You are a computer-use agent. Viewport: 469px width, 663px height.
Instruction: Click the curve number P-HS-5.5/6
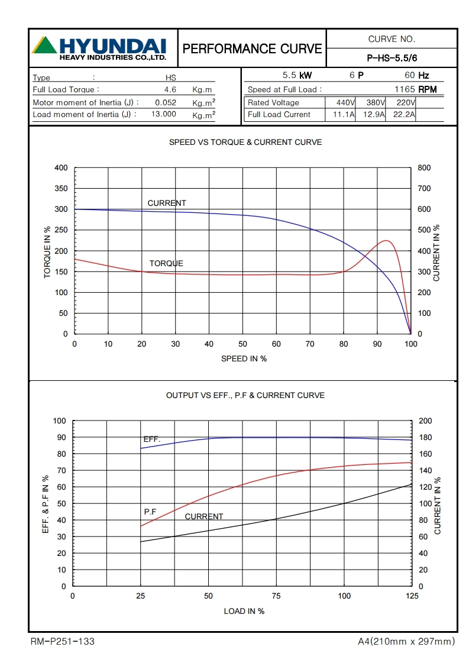click(x=392, y=58)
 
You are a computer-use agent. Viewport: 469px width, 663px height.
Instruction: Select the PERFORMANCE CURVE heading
click(x=253, y=48)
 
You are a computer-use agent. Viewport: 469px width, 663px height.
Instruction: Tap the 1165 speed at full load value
click(x=405, y=90)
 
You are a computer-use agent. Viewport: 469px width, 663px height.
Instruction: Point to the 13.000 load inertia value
click(x=163, y=114)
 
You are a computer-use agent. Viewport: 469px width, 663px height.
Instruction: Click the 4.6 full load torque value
click(x=170, y=90)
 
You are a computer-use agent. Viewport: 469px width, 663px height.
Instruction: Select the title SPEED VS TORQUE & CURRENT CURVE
click(x=245, y=143)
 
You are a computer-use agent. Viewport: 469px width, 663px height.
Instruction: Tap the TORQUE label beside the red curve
click(x=166, y=263)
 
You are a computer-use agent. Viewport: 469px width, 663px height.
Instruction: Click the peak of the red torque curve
click(x=386, y=241)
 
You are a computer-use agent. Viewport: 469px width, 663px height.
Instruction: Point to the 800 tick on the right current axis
click(x=424, y=168)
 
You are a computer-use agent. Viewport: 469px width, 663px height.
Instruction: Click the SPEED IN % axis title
click(x=244, y=359)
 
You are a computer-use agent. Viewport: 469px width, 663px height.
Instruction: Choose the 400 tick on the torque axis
click(x=61, y=168)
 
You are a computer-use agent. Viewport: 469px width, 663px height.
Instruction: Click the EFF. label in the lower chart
click(x=151, y=439)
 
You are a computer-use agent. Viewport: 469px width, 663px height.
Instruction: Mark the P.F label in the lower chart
click(x=150, y=511)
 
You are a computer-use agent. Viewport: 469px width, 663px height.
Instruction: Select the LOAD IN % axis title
click(x=244, y=611)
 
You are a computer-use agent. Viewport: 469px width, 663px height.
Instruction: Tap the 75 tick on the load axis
click(x=276, y=596)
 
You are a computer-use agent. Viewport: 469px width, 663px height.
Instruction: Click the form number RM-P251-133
click(x=62, y=641)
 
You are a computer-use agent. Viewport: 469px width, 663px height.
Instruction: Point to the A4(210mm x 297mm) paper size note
click(x=406, y=641)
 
